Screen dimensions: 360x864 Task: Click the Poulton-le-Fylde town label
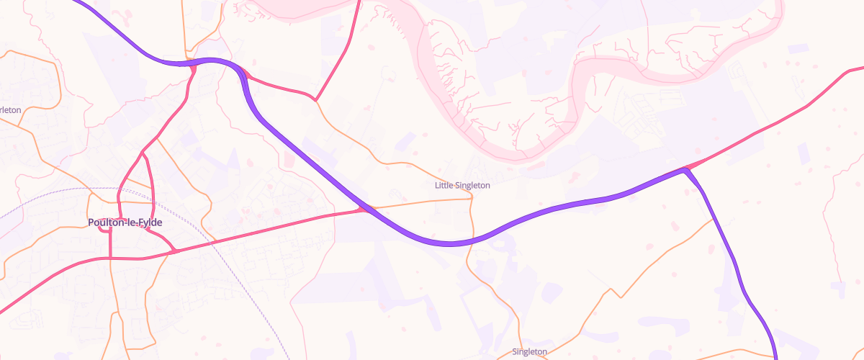[125, 222]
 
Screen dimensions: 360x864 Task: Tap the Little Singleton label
[462, 185]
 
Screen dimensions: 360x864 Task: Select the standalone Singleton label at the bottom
[530, 352]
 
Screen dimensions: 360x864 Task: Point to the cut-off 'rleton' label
[10, 110]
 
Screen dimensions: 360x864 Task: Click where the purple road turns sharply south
[686, 169]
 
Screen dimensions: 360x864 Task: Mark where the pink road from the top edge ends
[315, 99]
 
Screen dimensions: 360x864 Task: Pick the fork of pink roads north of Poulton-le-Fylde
[143, 153]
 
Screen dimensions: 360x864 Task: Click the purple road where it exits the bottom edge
[775, 356]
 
